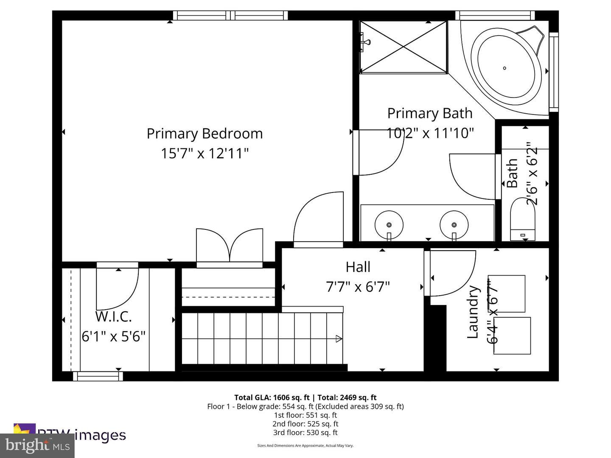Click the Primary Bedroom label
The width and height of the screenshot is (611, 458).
point(205,134)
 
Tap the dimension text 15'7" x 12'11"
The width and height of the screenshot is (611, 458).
point(205,153)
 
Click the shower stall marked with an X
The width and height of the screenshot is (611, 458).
point(403,47)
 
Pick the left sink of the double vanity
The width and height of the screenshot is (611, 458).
point(389,223)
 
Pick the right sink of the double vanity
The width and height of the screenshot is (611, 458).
point(454,223)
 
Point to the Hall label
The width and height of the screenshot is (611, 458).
point(358,267)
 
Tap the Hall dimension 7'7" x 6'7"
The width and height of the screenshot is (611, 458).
point(358,287)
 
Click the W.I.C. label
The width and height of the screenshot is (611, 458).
point(113,317)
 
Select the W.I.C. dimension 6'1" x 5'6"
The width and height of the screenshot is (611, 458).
point(113,336)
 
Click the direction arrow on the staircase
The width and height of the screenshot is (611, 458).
point(339,338)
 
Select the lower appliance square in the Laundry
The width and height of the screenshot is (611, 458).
point(512,335)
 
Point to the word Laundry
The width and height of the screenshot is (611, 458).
point(473,312)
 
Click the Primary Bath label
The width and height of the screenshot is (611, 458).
point(430,113)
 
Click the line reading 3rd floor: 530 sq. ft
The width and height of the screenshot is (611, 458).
point(305,433)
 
